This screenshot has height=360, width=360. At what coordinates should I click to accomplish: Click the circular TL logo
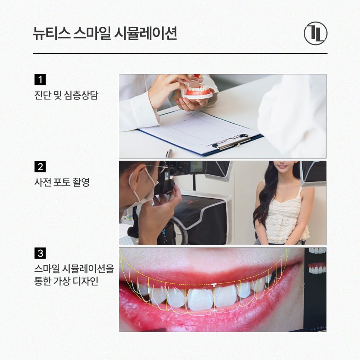(x=315, y=33)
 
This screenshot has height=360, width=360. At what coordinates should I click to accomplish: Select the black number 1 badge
(x=40, y=80)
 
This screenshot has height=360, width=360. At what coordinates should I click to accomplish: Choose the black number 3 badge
(x=40, y=253)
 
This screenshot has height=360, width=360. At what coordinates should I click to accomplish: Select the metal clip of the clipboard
(x=233, y=142)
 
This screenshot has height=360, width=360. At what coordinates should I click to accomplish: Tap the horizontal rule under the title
(x=180, y=54)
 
